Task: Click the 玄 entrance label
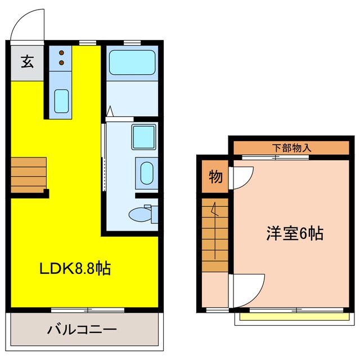(27, 61)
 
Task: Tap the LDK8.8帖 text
(75, 268)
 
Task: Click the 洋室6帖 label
(295, 233)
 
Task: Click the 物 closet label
(216, 177)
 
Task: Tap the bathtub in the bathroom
(132, 62)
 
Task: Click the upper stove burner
(61, 52)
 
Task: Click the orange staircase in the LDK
(28, 173)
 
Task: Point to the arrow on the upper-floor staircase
(214, 211)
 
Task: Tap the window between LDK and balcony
(88, 309)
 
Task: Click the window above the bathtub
(132, 42)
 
